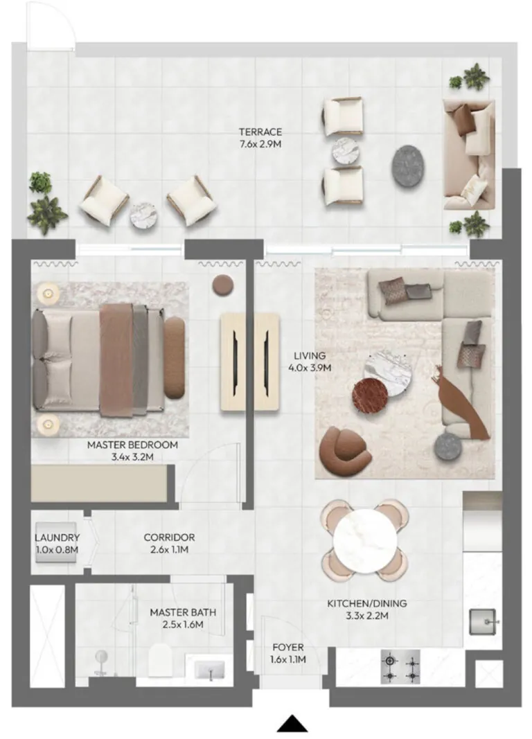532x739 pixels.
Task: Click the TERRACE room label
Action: (260, 132)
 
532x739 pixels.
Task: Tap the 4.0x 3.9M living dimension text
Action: (310, 368)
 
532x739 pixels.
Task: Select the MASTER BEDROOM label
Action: (132, 445)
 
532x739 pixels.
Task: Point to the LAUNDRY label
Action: (57, 537)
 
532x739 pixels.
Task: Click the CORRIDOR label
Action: (169, 537)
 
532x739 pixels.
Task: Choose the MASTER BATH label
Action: (183, 612)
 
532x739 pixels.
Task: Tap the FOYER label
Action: (288, 647)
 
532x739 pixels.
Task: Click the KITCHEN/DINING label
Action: (367, 603)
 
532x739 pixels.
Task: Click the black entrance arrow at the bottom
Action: (292, 724)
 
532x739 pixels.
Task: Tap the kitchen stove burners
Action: (400, 668)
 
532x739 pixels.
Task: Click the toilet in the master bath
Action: (161, 659)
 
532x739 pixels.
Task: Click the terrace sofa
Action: (469, 154)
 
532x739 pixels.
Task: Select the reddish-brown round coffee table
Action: (370, 395)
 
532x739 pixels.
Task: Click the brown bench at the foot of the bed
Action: (175, 357)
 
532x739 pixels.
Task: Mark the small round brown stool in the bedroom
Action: (222, 285)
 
